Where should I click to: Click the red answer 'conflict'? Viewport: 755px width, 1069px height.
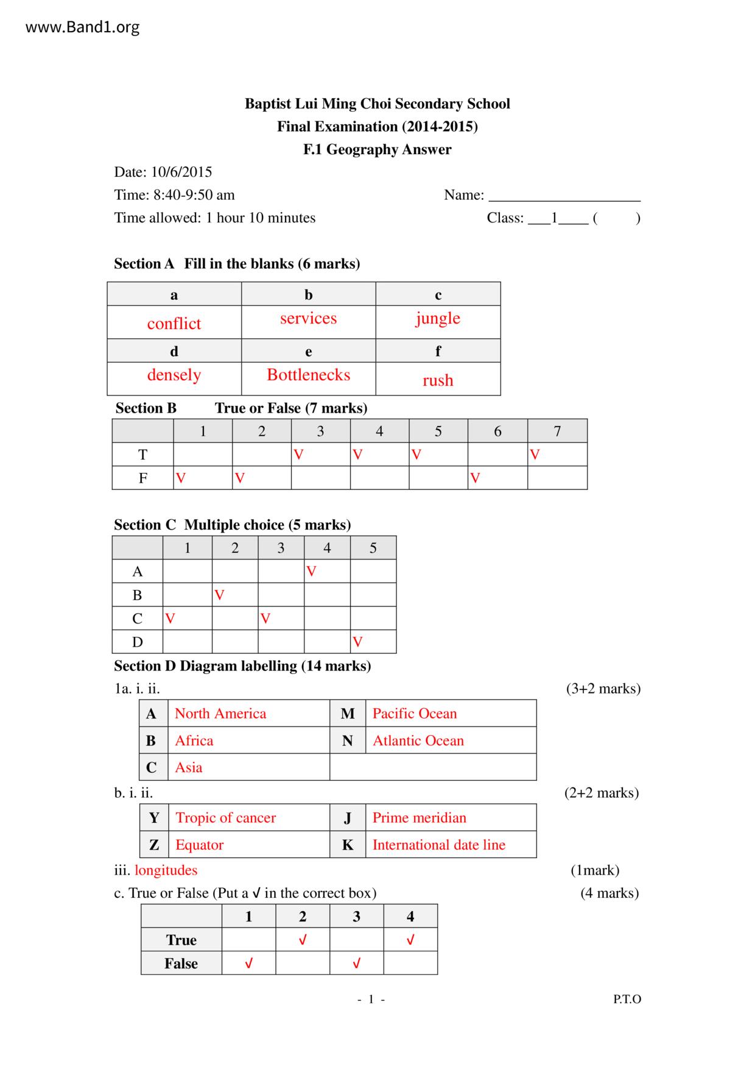pos(174,324)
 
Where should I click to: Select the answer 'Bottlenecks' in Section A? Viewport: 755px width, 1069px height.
pos(308,375)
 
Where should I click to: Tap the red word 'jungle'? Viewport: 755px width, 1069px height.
pos(438,319)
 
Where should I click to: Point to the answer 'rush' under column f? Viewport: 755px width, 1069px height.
pos(438,380)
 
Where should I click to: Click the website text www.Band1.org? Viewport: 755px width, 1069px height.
pos(82,27)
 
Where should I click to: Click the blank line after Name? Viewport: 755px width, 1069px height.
pos(564,196)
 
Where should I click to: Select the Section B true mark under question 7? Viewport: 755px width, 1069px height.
pos(535,455)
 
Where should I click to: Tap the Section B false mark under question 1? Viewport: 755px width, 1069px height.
pos(180,478)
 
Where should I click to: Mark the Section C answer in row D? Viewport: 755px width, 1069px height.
pos(357,642)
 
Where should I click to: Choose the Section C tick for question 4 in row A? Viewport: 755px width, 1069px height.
pos(311,572)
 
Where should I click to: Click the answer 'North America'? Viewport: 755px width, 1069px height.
pos(220,714)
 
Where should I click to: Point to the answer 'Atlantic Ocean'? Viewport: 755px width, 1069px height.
pos(418,740)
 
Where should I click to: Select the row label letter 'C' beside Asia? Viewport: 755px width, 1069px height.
pos(151,767)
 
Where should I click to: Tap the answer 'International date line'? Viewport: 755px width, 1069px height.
pos(438,845)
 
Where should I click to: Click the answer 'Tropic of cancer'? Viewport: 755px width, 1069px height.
pos(225,818)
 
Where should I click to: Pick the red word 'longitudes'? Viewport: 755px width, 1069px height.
pos(166,870)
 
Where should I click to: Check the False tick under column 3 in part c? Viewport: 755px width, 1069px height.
pos(356,964)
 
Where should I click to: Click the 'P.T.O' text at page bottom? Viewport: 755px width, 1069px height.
pos(627,1000)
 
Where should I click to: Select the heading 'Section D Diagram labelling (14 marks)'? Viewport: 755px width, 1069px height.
pos(242,666)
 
